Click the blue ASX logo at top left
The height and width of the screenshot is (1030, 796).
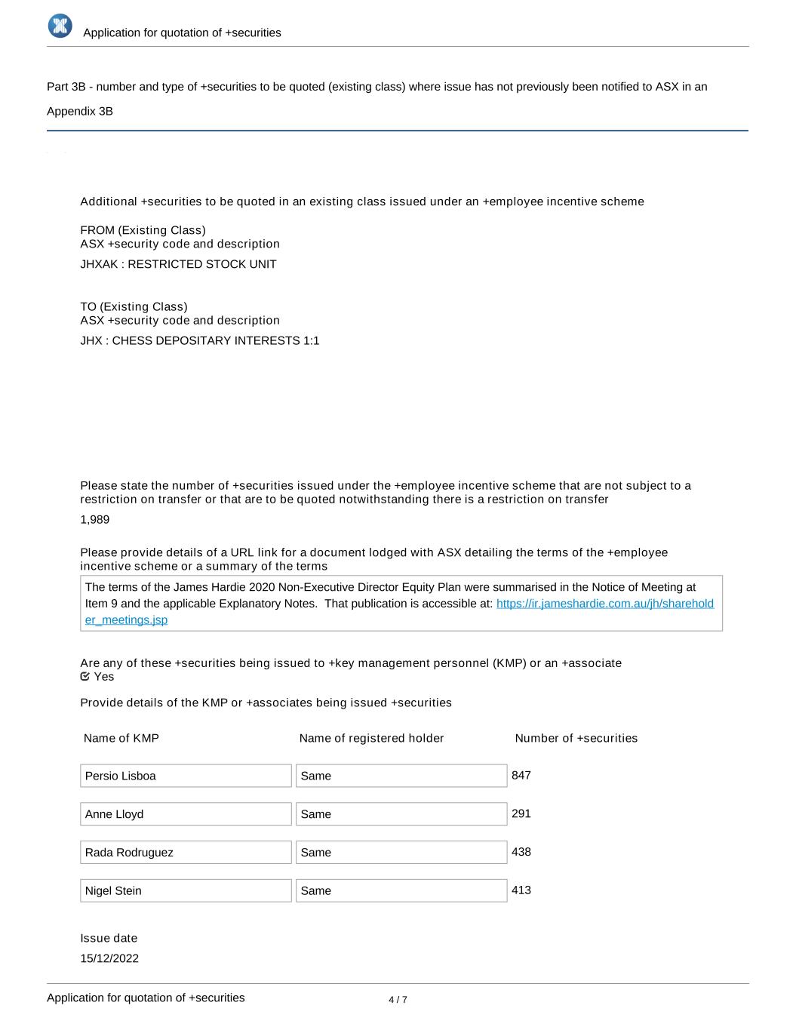[x=60, y=26]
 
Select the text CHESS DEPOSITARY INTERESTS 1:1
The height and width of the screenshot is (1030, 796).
[x=216, y=340]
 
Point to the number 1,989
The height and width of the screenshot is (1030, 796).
[x=95, y=519]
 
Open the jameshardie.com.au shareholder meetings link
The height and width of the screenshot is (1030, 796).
[x=604, y=604]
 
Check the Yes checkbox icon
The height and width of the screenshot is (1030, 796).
[x=85, y=676]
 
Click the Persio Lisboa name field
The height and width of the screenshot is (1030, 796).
[x=186, y=776]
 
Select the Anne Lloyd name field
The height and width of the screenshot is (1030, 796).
[x=186, y=814]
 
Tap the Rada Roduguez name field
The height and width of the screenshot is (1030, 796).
[x=186, y=853]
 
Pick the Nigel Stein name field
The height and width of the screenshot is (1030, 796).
[x=186, y=890]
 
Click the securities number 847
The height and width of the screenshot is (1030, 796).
[x=521, y=775]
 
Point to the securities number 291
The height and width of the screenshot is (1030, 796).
[x=521, y=813]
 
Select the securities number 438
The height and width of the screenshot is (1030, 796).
[x=521, y=852]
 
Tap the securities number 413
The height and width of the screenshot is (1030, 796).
[x=521, y=890]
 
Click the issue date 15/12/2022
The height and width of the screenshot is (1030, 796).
[x=109, y=958]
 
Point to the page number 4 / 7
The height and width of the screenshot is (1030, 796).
[x=398, y=1000]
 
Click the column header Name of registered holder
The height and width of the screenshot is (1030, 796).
[x=371, y=738]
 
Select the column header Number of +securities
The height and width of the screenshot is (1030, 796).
[x=576, y=738]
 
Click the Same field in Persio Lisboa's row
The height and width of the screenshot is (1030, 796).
[x=401, y=776]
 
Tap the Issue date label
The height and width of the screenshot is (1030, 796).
[x=109, y=938]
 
